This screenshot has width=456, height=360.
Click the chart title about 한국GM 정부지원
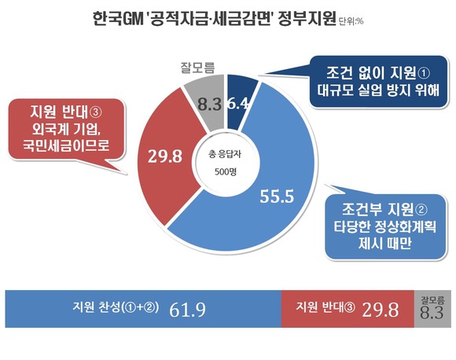(215, 19)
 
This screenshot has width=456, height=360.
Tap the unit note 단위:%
(351, 21)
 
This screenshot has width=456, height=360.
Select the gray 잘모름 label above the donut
(197, 68)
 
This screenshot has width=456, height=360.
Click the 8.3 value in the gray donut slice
(209, 104)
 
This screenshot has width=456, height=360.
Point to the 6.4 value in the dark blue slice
(237, 103)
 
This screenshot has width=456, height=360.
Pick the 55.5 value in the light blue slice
(277, 197)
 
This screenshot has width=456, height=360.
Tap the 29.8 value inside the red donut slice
(165, 156)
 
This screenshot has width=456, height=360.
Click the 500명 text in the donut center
(226, 171)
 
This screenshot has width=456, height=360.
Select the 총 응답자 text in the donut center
(225, 154)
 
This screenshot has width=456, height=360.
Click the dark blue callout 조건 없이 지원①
(378, 82)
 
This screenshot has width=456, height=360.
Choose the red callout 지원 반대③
(66, 129)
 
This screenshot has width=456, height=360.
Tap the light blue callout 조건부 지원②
(385, 226)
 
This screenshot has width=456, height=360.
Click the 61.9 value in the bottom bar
(187, 310)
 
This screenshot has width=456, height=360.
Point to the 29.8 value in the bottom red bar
(381, 310)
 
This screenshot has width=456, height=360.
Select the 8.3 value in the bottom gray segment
(432, 313)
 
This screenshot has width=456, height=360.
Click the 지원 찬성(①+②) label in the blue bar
(116, 307)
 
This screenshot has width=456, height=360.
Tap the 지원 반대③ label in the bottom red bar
(325, 307)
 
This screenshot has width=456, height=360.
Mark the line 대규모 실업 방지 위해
(378, 90)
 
